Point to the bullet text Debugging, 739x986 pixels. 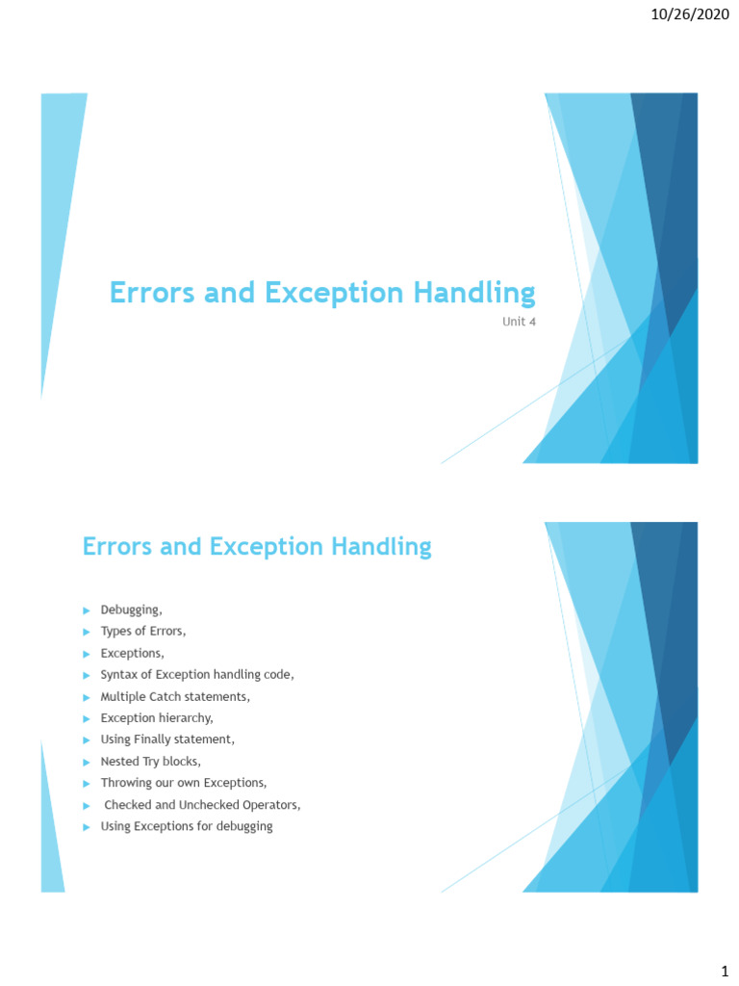tap(132, 610)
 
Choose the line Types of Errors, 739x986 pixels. tap(143, 632)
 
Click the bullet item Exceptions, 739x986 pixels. tap(133, 653)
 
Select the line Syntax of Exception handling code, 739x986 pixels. tap(197, 675)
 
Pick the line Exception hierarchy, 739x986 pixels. tap(157, 717)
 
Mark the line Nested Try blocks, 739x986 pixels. tap(151, 761)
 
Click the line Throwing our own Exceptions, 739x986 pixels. tap(184, 782)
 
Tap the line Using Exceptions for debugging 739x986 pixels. tap(187, 826)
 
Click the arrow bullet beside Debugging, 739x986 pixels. tap(86, 610)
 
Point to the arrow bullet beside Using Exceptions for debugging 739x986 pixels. tap(86, 827)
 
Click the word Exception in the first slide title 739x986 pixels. tap(328, 292)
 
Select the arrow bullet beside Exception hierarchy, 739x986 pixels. tap(86, 718)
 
